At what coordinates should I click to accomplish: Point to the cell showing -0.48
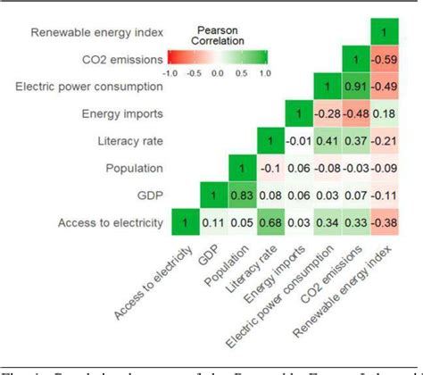(357, 114)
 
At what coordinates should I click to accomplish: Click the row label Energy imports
(129, 114)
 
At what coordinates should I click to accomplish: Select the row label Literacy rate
(134, 142)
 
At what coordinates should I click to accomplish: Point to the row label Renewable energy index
(96, 33)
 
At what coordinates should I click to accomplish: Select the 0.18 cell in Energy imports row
(384, 114)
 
